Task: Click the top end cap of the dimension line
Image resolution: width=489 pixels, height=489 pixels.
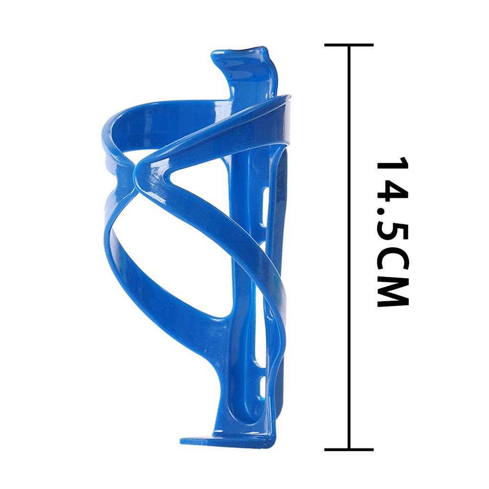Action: click(349, 45)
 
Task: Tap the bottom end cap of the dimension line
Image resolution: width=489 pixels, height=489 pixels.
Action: click(349, 449)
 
